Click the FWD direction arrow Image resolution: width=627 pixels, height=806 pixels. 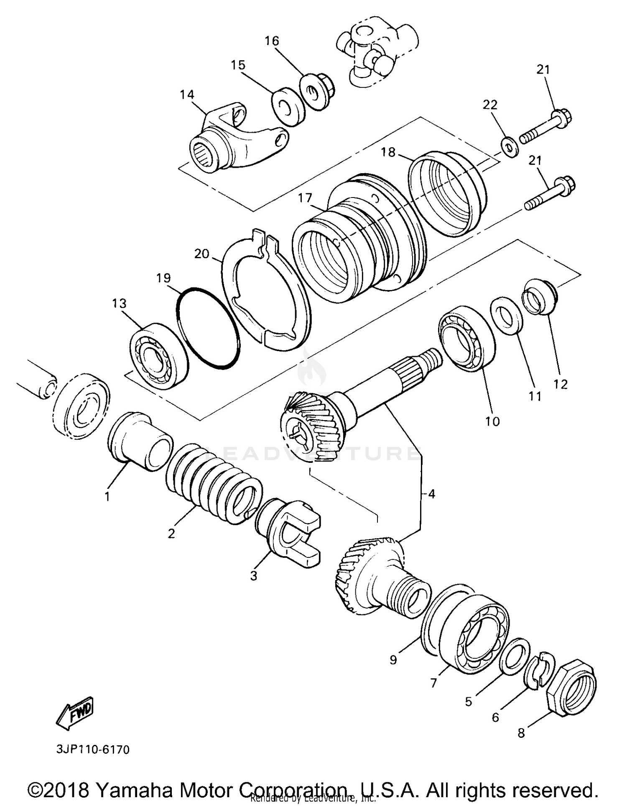pos(75,713)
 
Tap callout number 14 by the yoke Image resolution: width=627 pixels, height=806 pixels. pos(187,95)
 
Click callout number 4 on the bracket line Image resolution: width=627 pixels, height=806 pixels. pos(431,494)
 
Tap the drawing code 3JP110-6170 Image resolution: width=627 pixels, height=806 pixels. pos(92,749)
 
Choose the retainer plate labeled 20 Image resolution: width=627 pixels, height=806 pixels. pos(268,293)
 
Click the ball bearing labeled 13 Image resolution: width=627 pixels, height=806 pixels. pos(158,356)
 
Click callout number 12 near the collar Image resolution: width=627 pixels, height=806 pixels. pos(561,384)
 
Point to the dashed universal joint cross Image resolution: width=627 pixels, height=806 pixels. pos(372,56)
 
